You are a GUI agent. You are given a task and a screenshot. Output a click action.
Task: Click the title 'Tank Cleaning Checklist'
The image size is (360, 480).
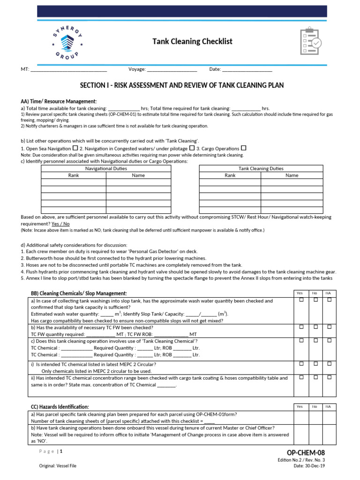pyautogui.click(x=192, y=42)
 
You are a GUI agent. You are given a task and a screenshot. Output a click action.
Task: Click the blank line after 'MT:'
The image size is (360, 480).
pyautogui.click(x=68, y=70)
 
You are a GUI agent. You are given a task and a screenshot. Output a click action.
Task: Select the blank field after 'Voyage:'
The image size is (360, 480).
pyautogui.click(x=172, y=70)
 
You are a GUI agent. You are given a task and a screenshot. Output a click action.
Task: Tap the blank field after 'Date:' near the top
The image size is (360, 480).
pyautogui.click(x=247, y=70)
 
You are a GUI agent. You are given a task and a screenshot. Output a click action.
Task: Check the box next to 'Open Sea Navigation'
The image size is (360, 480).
pyautogui.click(x=75, y=148)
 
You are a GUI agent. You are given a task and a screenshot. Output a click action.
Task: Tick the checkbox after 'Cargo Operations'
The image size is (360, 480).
pyautogui.click(x=243, y=148)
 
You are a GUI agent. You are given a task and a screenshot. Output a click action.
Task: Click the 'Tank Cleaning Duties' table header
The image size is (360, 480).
pyautogui.click(x=261, y=168)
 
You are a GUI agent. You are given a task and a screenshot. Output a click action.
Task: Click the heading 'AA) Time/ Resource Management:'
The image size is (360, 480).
pyautogui.click(x=59, y=101)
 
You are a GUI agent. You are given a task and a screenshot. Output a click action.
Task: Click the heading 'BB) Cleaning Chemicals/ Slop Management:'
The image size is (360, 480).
pyautogui.click(x=79, y=293)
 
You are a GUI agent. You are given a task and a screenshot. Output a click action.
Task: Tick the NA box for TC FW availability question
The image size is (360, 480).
pyautogui.click(x=330, y=326)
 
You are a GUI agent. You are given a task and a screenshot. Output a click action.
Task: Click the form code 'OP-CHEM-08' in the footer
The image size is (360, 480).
pyautogui.click(x=305, y=453)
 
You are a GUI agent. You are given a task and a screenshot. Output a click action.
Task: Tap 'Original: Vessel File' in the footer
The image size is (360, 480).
pyautogui.click(x=58, y=466)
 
